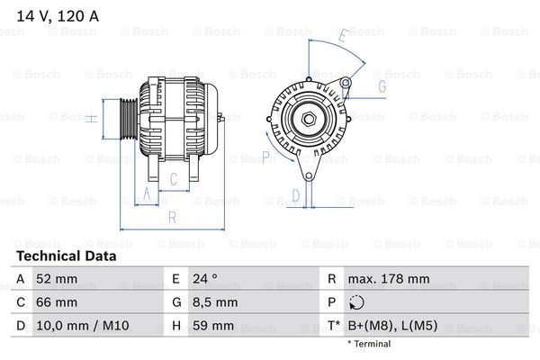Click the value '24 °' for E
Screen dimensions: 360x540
(x=206, y=279)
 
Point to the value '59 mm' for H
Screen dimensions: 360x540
(x=212, y=326)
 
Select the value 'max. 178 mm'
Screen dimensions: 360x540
(x=388, y=279)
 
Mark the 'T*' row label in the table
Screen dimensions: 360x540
(x=333, y=326)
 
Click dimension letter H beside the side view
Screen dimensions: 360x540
(x=91, y=117)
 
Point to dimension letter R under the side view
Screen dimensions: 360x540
(x=171, y=216)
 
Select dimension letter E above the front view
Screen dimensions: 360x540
(x=342, y=37)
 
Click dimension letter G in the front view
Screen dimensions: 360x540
(x=382, y=86)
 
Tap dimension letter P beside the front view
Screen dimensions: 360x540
(x=265, y=157)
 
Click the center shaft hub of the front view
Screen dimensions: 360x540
(x=308, y=118)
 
